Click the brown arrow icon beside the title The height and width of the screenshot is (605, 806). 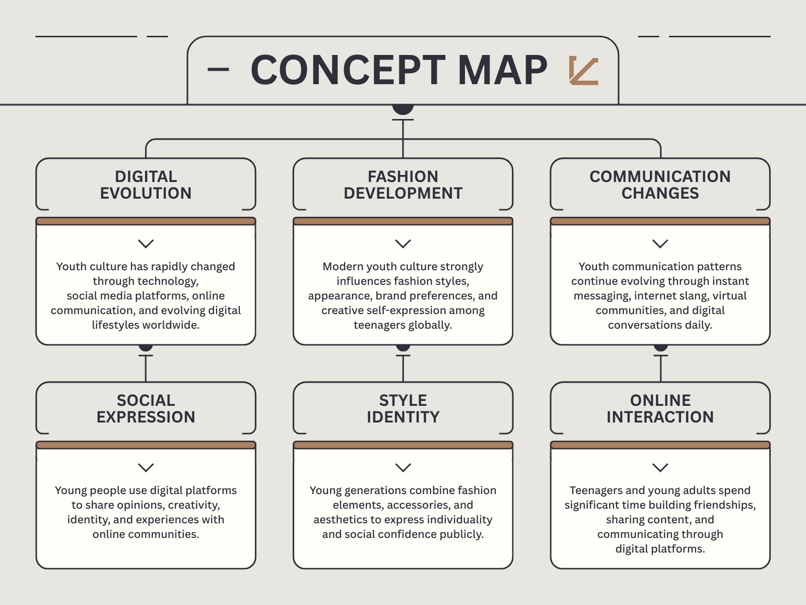click(x=583, y=71)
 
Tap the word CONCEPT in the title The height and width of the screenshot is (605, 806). click(x=348, y=70)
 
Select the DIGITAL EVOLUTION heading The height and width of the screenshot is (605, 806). click(x=146, y=185)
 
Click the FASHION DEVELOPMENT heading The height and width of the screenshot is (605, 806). click(x=403, y=185)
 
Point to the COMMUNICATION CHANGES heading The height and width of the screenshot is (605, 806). click(x=660, y=185)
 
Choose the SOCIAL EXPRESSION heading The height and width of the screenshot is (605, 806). click(x=146, y=408)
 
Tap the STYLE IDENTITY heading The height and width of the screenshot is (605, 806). click(x=403, y=408)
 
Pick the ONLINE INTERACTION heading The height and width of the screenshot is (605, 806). click(x=660, y=408)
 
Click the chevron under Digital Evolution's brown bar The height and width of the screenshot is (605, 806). click(x=146, y=244)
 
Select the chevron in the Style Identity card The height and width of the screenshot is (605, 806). click(x=403, y=468)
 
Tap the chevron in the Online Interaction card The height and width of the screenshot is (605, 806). click(x=660, y=468)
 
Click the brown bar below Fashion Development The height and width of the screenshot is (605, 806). click(x=403, y=221)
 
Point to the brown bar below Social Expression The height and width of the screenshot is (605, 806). click(x=146, y=445)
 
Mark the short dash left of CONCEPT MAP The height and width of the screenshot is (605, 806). click(x=218, y=69)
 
